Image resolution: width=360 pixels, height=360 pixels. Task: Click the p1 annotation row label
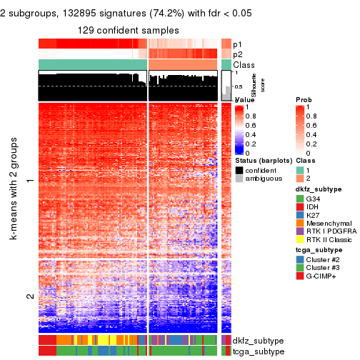coord(238,44)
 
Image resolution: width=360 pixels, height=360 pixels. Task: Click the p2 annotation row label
coord(238,54)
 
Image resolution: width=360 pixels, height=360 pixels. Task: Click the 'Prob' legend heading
coord(304,99)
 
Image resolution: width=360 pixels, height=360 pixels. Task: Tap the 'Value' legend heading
coord(244,99)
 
